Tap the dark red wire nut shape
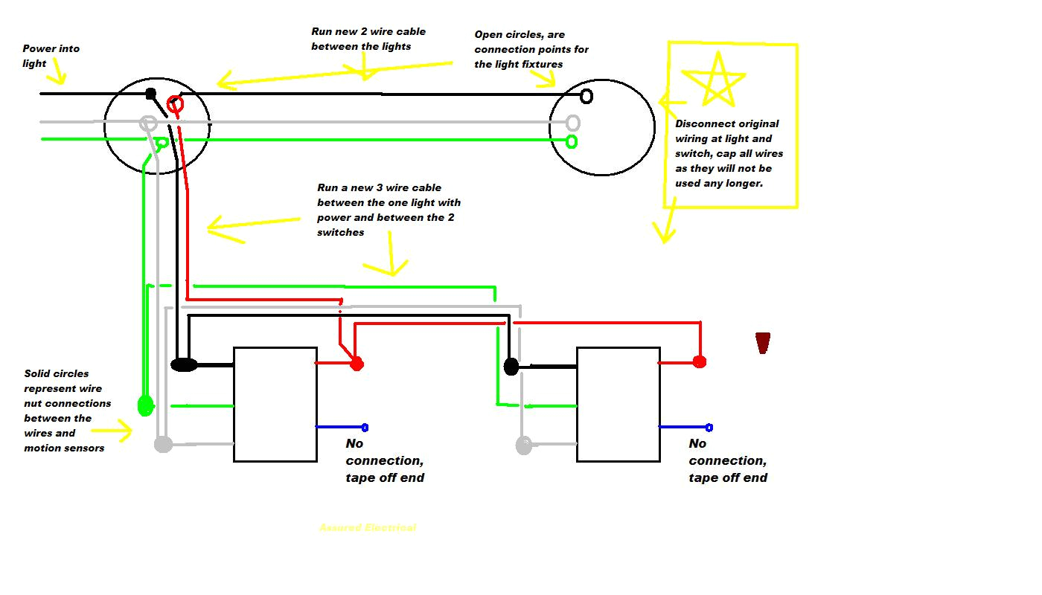coord(762,343)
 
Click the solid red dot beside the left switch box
coord(357,364)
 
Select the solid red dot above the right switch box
coord(699,361)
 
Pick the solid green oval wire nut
coord(145,405)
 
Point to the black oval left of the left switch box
coord(184,364)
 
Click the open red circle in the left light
coord(175,104)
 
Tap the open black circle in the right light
coord(586,96)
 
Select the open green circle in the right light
coord(572,141)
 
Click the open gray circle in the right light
coord(572,122)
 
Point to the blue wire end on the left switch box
coord(365,427)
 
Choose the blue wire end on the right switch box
coord(709,427)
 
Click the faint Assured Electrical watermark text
coord(368,527)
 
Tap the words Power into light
coord(51,56)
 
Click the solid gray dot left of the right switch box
coord(524,446)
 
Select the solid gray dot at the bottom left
coord(163,445)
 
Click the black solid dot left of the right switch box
coord(511,366)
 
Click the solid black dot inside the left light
coord(150,94)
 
